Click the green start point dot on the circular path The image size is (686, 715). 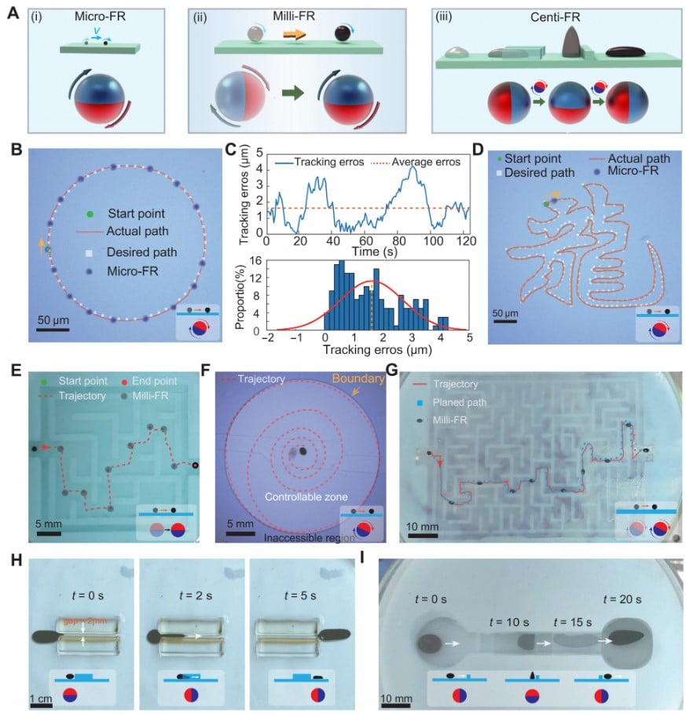click(x=46, y=249)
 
